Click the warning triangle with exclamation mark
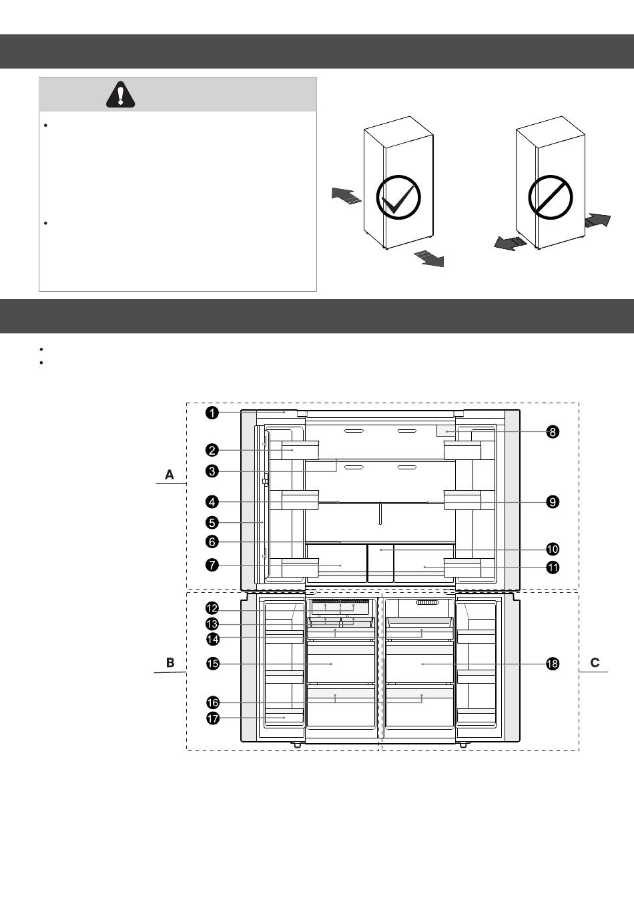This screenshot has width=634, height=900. pos(120,95)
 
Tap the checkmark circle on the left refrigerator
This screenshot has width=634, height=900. pos(398,197)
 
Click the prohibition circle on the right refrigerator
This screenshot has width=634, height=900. pos(550,197)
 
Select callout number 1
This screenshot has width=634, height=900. pos(212,413)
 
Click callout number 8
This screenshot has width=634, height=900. pos(553,432)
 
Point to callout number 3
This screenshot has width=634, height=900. pos(212,471)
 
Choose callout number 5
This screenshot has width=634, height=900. pos(212,523)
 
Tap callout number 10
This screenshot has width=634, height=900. pos(553,549)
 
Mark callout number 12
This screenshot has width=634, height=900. pos(212,608)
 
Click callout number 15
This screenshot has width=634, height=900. pos(213,664)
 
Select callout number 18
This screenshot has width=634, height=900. pos(553,664)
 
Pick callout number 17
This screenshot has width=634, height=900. pos(213,718)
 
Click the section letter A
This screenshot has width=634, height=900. pos(170,475)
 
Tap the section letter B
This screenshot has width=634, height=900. pos(170,662)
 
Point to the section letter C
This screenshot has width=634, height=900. pos(595,662)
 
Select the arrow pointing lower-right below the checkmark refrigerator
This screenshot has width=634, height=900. pos(430,258)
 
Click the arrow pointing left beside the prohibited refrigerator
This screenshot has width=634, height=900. pos(511,243)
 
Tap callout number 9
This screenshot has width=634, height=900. pos(553,502)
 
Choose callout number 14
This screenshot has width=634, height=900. pos(213,639)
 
